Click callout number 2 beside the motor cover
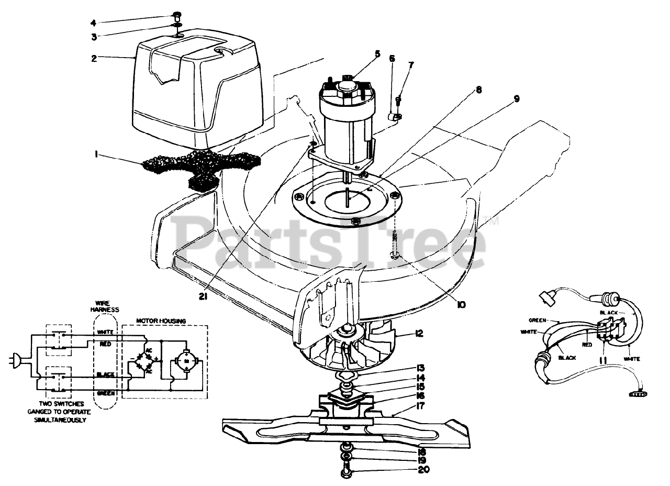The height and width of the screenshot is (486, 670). point(94,58)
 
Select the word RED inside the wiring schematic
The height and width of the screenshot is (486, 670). point(104,344)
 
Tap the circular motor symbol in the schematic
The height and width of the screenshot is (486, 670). point(186,361)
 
